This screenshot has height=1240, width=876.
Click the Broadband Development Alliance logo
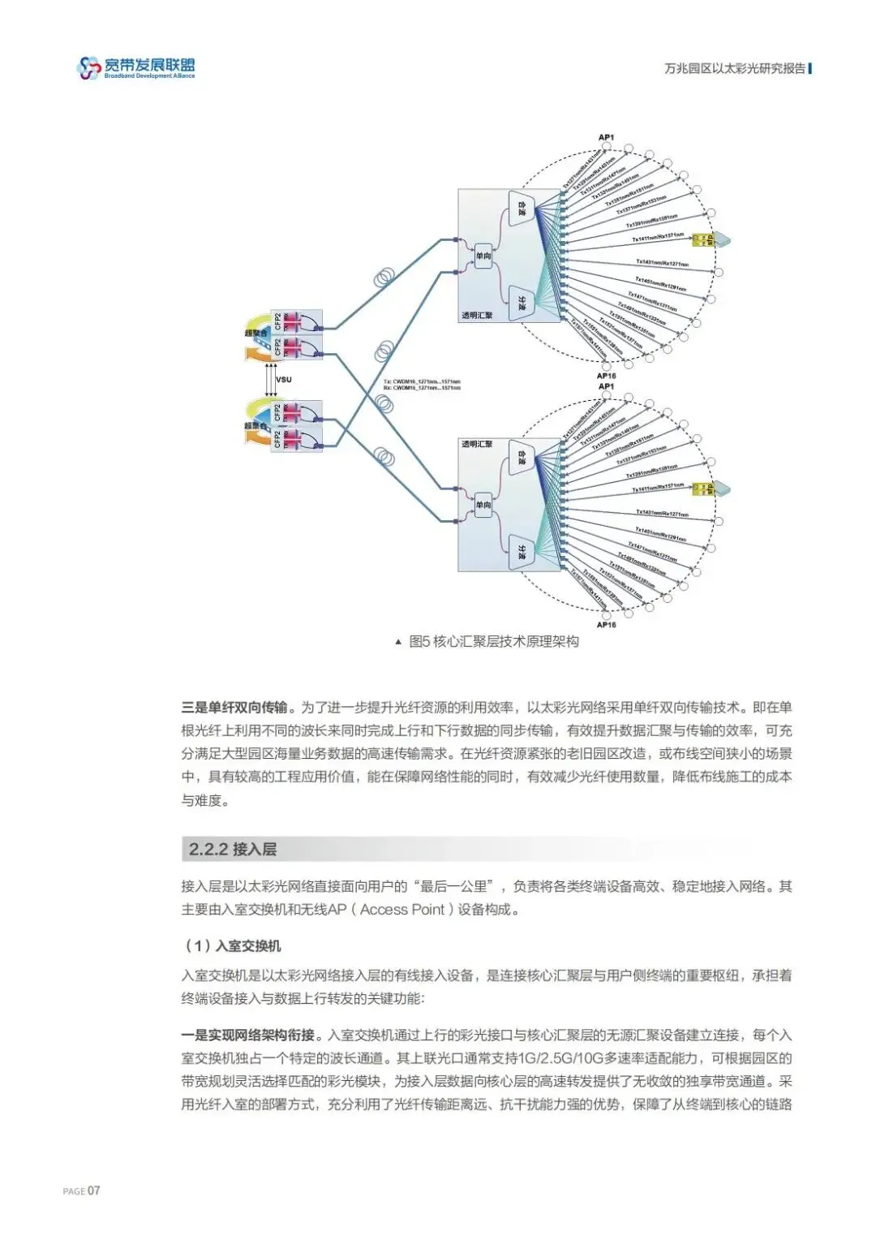[x=136, y=68]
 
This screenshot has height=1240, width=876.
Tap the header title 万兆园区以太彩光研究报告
[x=735, y=69]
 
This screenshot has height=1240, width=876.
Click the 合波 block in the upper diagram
[x=522, y=209]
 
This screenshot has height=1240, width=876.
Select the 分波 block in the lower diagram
[x=522, y=553]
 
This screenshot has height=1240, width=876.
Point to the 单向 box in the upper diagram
[x=483, y=256]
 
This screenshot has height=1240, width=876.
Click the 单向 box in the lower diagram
[x=483, y=505]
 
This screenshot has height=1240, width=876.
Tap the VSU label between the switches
[x=283, y=380]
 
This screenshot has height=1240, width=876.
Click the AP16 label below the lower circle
[x=606, y=625]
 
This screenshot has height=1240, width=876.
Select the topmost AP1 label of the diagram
[x=606, y=137]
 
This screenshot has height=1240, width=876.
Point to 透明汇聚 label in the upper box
[x=477, y=315]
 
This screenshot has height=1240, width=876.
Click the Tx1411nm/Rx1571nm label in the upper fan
[x=658, y=238]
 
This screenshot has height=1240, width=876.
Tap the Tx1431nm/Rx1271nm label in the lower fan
[x=662, y=514]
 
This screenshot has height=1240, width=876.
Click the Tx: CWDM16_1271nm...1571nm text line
[x=421, y=381]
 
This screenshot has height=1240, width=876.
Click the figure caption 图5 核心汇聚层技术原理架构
[x=493, y=642]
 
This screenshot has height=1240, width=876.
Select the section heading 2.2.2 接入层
[x=233, y=850]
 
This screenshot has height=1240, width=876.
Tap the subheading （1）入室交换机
[x=232, y=945]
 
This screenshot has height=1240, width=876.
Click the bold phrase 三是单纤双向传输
[x=234, y=708]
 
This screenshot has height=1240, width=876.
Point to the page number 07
[x=94, y=1190]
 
